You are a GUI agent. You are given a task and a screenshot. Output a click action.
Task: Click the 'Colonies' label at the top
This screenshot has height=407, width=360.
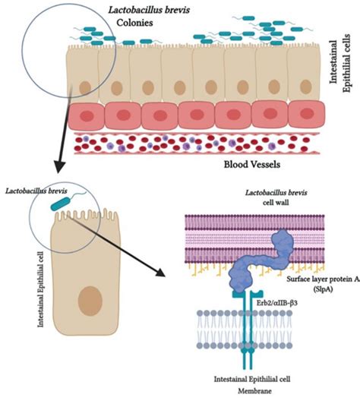point(133,23)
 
